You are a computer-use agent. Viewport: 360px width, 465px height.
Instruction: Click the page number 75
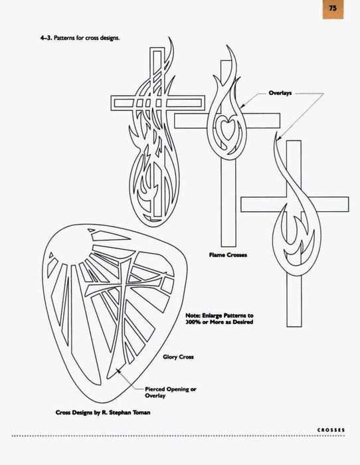[x=333, y=8]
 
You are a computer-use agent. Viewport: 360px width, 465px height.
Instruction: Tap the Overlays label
[x=280, y=93]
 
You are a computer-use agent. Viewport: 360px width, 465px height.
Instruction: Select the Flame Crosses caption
[x=228, y=254]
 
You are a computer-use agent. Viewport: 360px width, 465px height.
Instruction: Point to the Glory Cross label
[x=178, y=357]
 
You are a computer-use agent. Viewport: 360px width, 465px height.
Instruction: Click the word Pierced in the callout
[x=155, y=389]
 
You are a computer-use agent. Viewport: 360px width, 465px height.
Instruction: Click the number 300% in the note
[x=193, y=322]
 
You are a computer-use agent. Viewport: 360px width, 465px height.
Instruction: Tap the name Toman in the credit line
[x=141, y=413]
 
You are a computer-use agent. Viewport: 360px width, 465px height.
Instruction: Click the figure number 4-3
[x=46, y=38]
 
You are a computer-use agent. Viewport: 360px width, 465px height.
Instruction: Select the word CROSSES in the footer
[x=331, y=430]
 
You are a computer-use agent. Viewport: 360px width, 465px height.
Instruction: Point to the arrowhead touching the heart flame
[x=242, y=106]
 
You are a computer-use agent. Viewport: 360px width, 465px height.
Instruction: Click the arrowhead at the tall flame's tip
[x=279, y=137]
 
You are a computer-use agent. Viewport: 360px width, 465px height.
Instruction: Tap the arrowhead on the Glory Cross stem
[x=118, y=371]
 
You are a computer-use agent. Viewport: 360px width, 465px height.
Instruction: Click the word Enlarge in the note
[x=212, y=316]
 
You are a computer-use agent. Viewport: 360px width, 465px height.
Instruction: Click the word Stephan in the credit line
[x=120, y=413]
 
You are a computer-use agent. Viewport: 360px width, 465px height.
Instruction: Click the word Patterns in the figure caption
[x=64, y=38]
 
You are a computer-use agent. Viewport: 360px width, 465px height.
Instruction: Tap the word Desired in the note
[x=242, y=322]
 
